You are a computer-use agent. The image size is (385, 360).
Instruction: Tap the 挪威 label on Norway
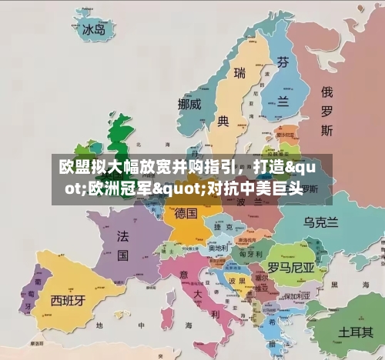(x=189, y=103)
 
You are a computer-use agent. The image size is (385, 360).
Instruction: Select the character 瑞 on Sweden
(x=239, y=73)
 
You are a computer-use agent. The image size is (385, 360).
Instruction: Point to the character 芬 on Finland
(x=284, y=62)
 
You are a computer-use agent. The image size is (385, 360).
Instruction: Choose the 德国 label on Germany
(x=186, y=212)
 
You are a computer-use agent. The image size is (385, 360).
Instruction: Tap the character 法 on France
(x=122, y=234)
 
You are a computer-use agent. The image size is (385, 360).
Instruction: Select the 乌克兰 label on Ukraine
(x=321, y=222)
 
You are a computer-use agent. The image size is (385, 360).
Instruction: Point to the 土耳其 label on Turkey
(x=357, y=332)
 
